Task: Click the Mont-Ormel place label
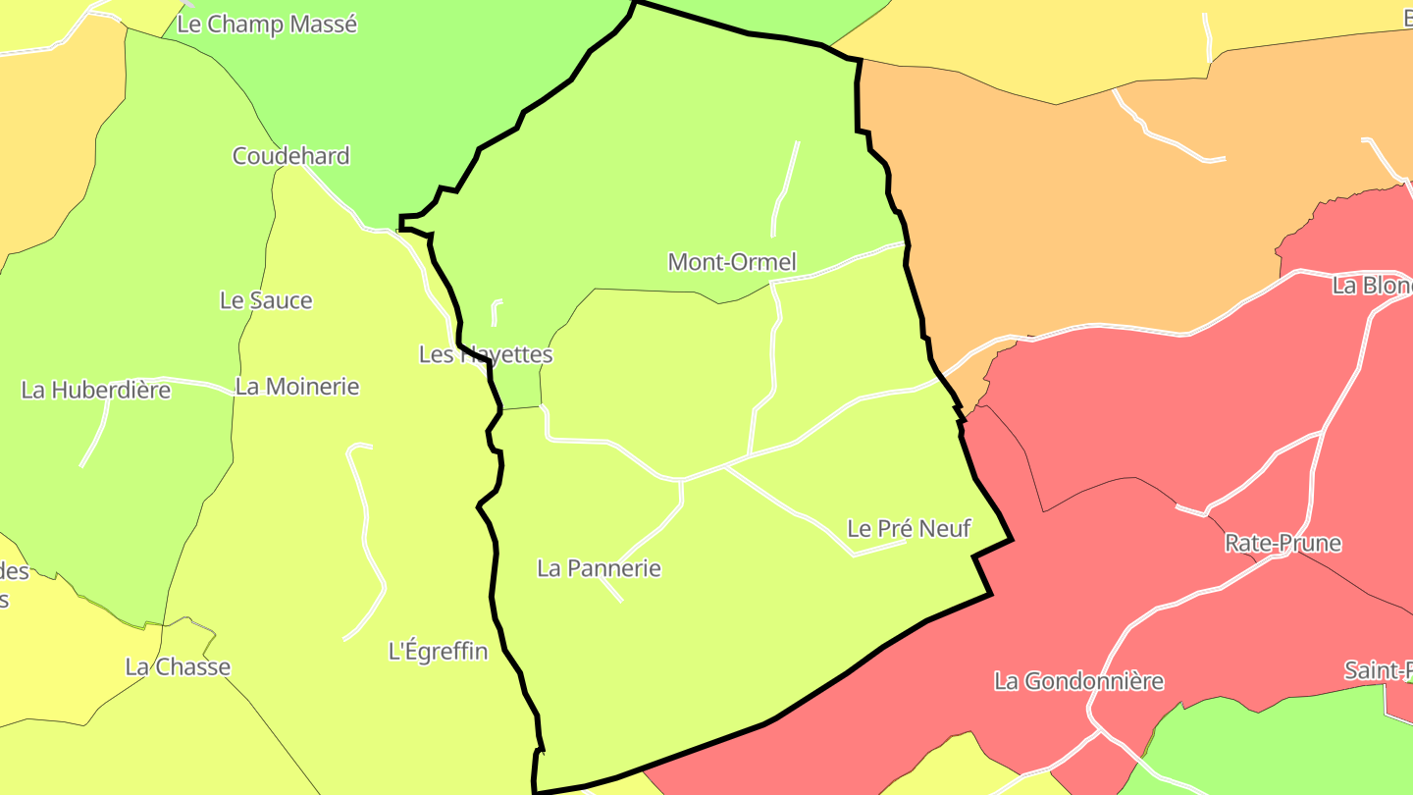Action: pyautogui.click(x=731, y=262)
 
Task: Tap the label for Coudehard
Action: pyautogui.click(x=290, y=156)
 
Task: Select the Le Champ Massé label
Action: pyautogui.click(x=267, y=25)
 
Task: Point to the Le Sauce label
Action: pyautogui.click(x=266, y=300)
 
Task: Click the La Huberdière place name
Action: pyautogui.click(x=96, y=390)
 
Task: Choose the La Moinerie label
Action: pyautogui.click(x=297, y=387)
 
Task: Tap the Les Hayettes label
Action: pyautogui.click(x=486, y=354)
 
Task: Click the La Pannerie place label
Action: pyautogui.click(x=599, y=568)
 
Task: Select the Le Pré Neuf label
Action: pyautogui.click(x=909, y=529)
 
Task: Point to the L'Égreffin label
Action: pyautogui.click(x=438, y=651)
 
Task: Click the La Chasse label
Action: pyautogui.click(x=178, y=667)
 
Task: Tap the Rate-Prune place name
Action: pyautogui.click(x=1282, y=544)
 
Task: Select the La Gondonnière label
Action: pyautogui.click(x=1078, y=681)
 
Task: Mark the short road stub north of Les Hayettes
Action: pyautogui.click(x=495, y=312)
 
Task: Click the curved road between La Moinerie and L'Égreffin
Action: pyautogui.click(x=368, y=540)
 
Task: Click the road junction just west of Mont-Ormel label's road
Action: pyautogui.click(x=773, y=283)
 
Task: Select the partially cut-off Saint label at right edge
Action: pyautogui.click(x=1378, y=671)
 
